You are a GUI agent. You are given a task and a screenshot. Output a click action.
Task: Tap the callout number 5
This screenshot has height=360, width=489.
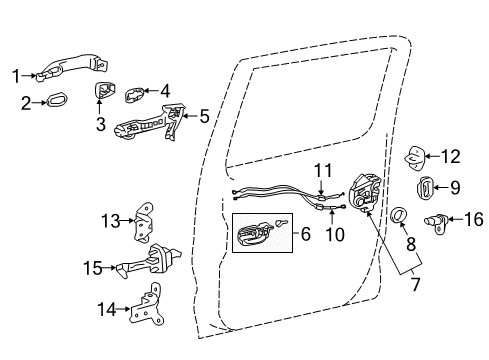pos(204,117)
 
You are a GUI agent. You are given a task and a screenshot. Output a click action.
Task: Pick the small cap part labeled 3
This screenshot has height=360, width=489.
pos(104,94)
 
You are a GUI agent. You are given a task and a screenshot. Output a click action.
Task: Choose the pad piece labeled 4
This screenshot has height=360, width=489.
pos(135,94)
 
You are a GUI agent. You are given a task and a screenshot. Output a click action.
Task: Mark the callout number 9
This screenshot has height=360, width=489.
pos(454,186)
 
